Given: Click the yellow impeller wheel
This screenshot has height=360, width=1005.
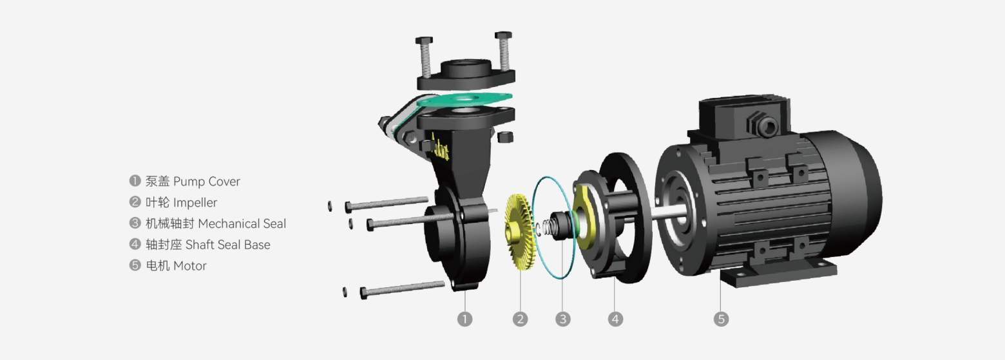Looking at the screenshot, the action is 519,232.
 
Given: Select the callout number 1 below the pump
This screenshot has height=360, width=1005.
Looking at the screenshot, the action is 465,319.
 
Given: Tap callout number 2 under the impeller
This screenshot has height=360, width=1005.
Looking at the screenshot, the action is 520,319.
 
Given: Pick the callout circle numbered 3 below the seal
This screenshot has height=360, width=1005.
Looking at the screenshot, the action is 562,319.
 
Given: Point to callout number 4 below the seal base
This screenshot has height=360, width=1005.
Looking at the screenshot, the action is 615,319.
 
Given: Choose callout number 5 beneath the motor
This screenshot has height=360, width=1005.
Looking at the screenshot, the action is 721,319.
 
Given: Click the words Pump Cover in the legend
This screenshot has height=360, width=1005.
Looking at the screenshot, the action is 206,182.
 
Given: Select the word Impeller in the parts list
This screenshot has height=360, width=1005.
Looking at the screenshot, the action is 195,203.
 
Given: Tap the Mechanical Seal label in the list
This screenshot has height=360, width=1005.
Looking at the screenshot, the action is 242,223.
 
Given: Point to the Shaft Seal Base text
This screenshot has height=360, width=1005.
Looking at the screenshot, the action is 227,244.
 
